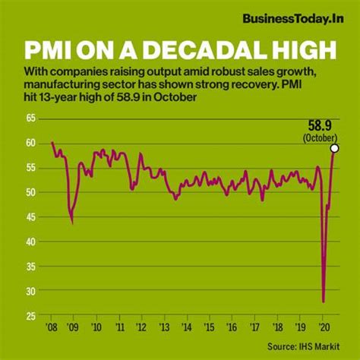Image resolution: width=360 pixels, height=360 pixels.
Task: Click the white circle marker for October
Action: pyautogui.click(x=334, y=149)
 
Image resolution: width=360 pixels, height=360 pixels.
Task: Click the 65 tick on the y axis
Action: pyautogui.click(x=32, y=118)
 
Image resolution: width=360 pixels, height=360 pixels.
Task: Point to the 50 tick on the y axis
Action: pyautogui.click(x=32, y=192)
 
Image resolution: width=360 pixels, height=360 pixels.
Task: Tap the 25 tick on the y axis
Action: pyautogui.click(x=32, y=316)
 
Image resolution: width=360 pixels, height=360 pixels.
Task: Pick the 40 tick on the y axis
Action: pyautogui.click(x=32, y=242)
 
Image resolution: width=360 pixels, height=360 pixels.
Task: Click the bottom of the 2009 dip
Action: pyautogui.click(x=71, y=223)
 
